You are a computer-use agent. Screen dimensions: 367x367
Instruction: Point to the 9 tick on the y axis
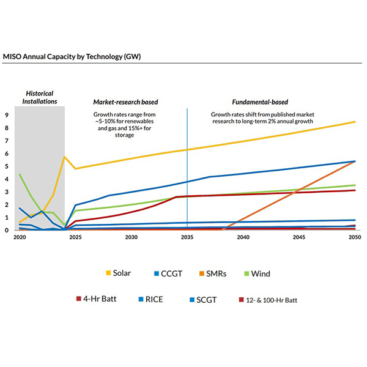[x=7, y=115]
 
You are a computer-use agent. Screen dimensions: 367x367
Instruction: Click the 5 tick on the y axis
[x=7, y=166]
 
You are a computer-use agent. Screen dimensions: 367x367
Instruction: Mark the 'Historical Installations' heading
[x=40, y=96]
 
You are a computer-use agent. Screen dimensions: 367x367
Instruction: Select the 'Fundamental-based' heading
[x=260, y=102]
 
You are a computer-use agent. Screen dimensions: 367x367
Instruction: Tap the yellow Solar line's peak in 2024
[x=65, y=157]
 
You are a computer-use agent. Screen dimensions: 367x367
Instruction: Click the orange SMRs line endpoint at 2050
[x=355, y=161]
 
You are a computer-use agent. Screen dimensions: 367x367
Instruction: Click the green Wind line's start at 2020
[x=20, y=174]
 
